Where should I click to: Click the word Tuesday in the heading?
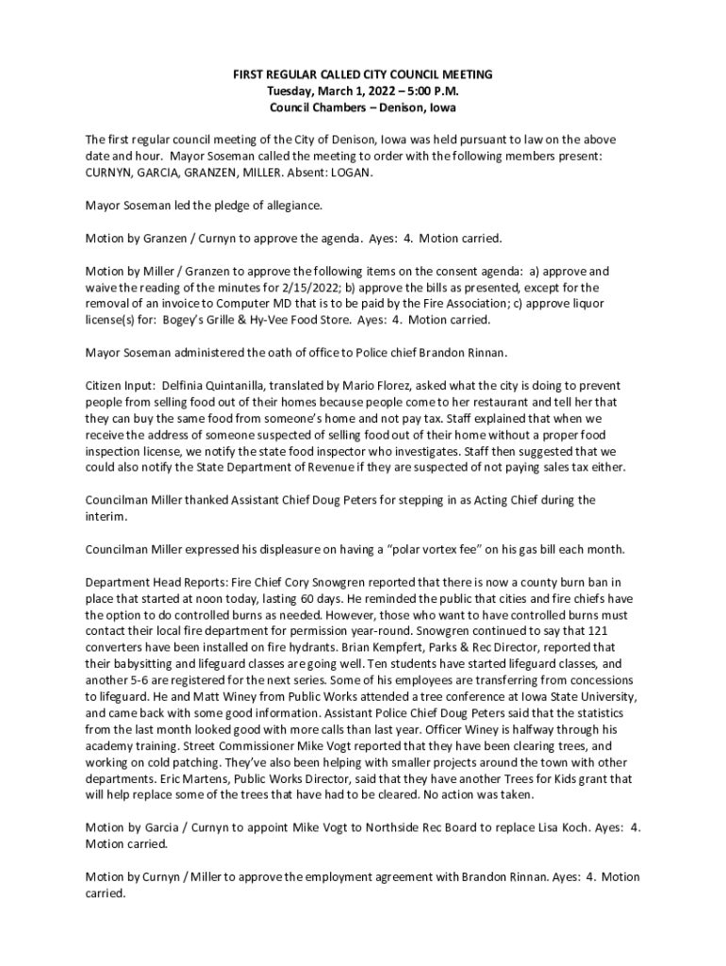[289, 91]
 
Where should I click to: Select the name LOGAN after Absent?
[351, 174]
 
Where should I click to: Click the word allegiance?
[289, 205]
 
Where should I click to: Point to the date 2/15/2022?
[322, 287]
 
